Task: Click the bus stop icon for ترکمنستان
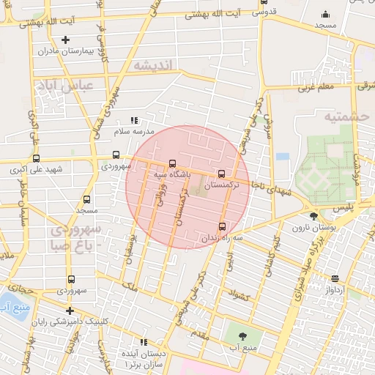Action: [x=222, y=174]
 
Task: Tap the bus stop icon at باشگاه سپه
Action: [x=172, y=163]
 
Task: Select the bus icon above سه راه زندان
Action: [x=223, y=226]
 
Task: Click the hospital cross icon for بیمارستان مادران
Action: [x=66, y=40]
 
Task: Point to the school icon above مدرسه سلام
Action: [x=133, y=119]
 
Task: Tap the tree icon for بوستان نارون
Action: [x=314, y=216]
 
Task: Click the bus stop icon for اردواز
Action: [x=335, y=278]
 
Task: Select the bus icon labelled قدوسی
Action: [x=264, y=2]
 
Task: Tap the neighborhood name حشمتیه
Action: [x=348, y=116]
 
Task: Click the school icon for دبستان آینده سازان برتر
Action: [x=144, y=342]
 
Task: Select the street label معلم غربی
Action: [x=316, y=88]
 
